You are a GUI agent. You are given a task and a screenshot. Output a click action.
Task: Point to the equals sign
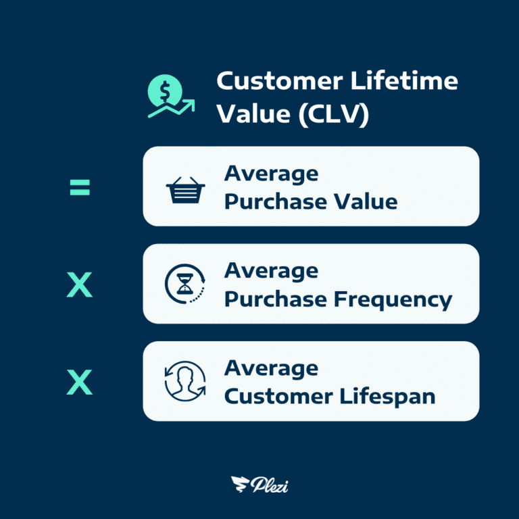[x=80, y=187]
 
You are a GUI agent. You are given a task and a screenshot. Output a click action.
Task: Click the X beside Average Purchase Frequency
[x=80, y=286]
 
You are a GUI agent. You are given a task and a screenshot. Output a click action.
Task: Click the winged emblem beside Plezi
[x=239, y=484]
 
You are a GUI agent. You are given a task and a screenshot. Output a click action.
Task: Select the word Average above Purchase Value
[x=271, y=174]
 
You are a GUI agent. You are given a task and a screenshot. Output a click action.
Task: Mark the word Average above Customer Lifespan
[x=271, y=368]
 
